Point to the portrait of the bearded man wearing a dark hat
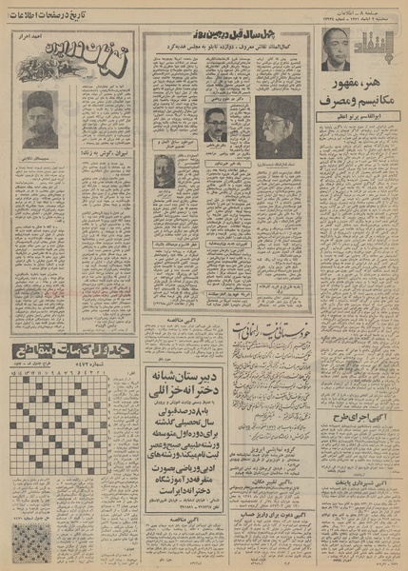click(41, 118)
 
